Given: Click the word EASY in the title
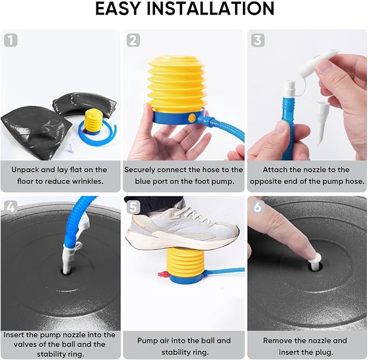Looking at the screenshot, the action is [118, 9].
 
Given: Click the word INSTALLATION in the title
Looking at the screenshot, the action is [210, 9].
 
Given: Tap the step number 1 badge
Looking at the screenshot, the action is [11, 40].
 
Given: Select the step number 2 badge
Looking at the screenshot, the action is [133, 40].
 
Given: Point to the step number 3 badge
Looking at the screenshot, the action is [257, 40].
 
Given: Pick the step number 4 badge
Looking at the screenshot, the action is [10, 207].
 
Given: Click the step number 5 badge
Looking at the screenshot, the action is [133, 208].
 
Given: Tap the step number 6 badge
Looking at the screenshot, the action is [257, 207].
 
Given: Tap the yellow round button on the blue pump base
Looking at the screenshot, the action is [192, 118].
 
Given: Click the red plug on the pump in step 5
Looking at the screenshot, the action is [163, 274].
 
